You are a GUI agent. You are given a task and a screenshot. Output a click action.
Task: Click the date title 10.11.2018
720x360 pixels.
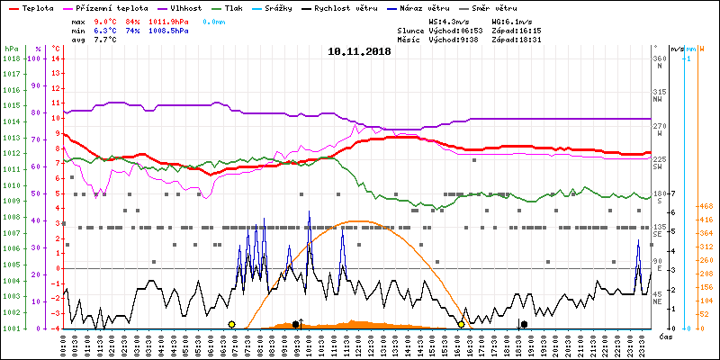coord(360,51)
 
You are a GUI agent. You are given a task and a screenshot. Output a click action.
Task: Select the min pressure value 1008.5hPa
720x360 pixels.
coord(168,31)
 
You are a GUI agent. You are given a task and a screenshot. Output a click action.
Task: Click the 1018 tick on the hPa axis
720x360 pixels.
coord(11,58)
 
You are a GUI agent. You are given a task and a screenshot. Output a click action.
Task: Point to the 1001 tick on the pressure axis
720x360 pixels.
coord(11,328)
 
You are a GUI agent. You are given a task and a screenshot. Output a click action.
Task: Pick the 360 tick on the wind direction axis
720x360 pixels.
coord(660,58)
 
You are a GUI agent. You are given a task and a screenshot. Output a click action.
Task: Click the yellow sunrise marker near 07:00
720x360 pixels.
coord(231,324)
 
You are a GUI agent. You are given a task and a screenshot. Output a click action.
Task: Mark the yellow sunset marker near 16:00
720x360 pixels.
coord(462,324)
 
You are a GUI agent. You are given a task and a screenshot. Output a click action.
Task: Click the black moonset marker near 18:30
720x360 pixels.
coord(524,324)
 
